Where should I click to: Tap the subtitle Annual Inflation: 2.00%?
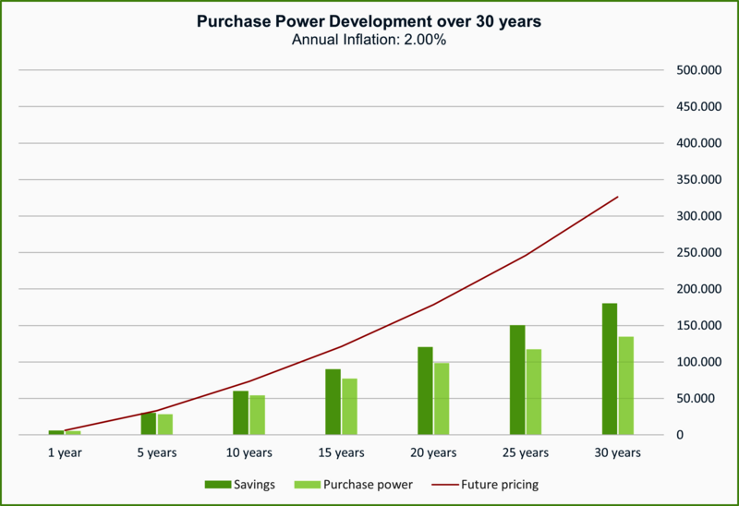click(x=369, y=40)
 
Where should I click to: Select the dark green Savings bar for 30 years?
click(x=609, y=368)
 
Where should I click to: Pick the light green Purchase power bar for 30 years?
click(x=626, y=385)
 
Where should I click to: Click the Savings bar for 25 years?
click(x=517, y=379)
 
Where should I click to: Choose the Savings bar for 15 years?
click(x=333, y=402)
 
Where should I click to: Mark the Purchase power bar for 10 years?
click(x=257, y=415)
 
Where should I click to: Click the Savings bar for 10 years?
click(x=240, y=412)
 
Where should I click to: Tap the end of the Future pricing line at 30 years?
click(x=617, y=197)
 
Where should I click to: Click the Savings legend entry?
click(x=240, y=484)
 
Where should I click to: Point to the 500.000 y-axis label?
click(x=697, y=70)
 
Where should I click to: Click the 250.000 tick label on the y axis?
click(x=697, y=252)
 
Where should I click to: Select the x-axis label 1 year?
click(x=64, y=452)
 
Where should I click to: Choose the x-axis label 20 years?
click(x=433, y=452)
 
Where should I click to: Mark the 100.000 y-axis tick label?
click(x=697, y=362)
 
